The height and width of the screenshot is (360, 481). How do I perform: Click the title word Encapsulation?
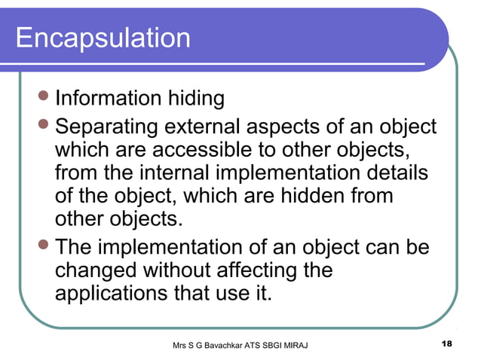[103, 38]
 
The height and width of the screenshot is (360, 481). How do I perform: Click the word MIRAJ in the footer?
[313, 345]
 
